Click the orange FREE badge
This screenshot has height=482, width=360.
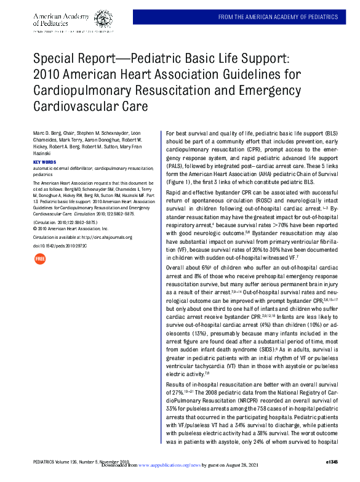[40, 259]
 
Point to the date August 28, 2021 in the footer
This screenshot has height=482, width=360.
[248, 467]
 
